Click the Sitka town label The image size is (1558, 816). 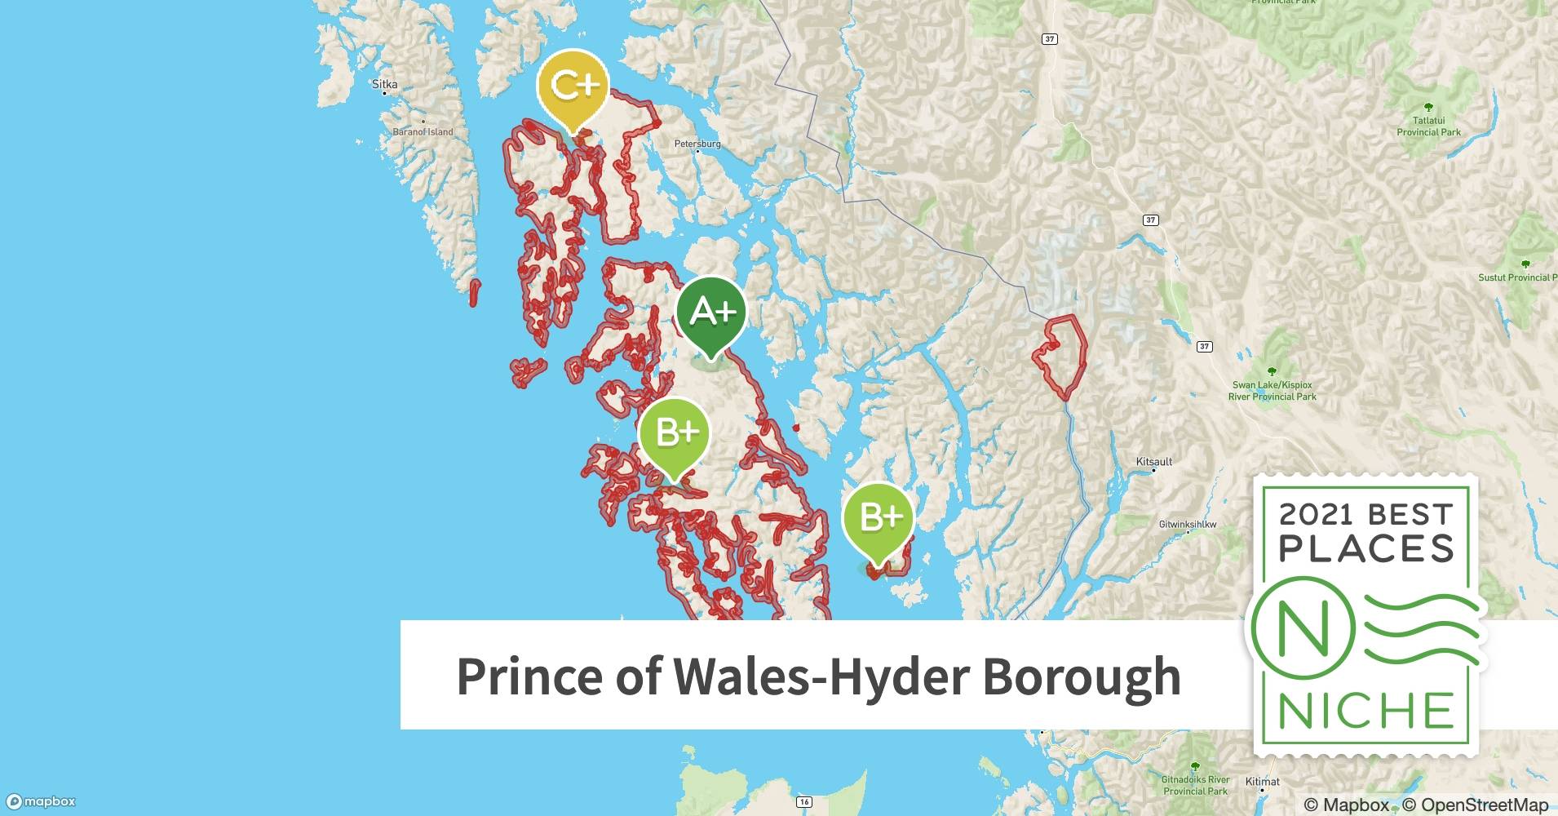(384, 84)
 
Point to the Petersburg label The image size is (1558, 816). (697, 144)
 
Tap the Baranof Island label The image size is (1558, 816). (423, 131)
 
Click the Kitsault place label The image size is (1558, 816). (1154, 462)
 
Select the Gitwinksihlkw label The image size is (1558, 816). (1188, 525)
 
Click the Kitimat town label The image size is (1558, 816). (1262, 782)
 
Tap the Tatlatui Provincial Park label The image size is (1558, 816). (1428, 126)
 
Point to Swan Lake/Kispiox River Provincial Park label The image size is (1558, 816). (1272, 391)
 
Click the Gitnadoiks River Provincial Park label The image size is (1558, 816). (1195, 785)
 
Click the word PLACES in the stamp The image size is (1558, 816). (1366, 548)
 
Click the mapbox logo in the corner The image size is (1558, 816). (41, 802)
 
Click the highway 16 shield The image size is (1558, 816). (804, 802)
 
